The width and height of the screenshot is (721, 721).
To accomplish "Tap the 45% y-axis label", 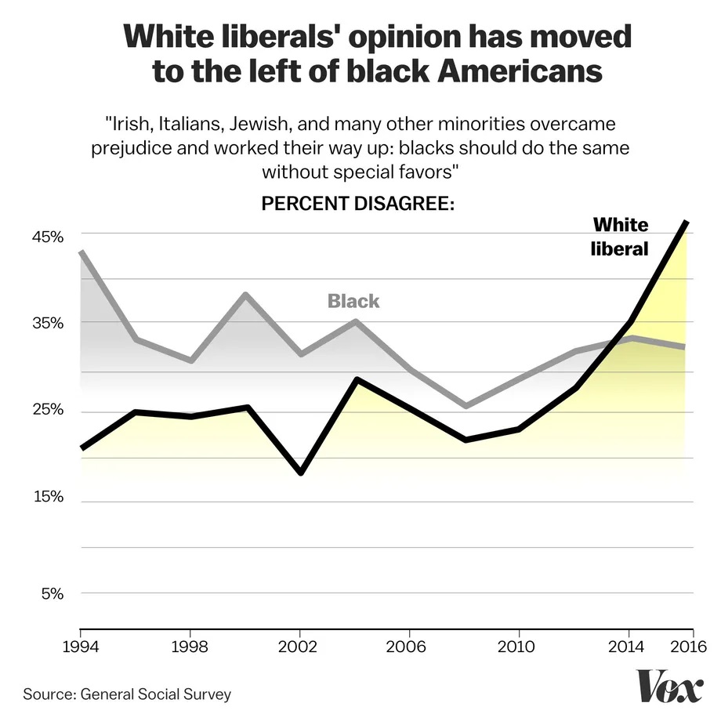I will tap(47, 236).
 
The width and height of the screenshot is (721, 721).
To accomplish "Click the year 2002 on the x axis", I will tap(300, 647).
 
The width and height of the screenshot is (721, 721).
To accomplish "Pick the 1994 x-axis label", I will tap(81, 647).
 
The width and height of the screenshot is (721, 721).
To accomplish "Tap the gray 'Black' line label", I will tap(353, 301).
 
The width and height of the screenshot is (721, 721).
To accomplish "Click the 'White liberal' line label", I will tap(619, 237).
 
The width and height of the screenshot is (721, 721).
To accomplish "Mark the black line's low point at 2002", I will tap(300, 473).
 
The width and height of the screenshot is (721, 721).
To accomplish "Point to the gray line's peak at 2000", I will tap(245, 295).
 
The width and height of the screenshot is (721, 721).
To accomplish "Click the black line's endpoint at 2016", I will tap(687, 223).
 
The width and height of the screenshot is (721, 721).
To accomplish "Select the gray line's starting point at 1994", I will tap(81, 252).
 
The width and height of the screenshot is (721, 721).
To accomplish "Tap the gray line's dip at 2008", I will tap(465, 406).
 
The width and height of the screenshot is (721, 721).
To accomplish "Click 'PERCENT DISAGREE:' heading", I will tap(358, 205).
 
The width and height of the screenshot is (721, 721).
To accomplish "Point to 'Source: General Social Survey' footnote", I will tap(127, 694).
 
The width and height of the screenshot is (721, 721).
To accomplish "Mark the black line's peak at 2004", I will tap(356, 380).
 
